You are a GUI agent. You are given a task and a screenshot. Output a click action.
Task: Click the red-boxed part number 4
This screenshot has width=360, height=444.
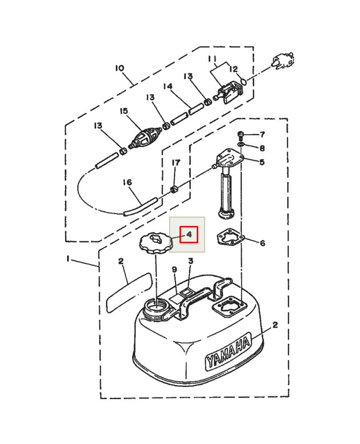(189, 234)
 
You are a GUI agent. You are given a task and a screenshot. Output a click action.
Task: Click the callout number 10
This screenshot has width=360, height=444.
(120, 68)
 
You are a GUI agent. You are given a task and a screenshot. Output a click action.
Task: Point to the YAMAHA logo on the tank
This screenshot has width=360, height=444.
(228, 351)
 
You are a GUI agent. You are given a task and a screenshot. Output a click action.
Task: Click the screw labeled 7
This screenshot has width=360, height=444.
(241, 135)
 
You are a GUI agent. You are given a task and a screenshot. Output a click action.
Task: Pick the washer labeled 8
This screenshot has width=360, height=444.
(241, 145)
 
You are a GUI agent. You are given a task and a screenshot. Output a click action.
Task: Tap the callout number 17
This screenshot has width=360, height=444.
(176, 162)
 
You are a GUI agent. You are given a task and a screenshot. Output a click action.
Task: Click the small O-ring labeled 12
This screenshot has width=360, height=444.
(243, 81)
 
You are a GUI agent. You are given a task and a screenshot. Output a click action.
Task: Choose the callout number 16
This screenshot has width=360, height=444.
(127, 182)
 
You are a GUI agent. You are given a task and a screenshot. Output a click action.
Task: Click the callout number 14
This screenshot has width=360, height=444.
(168, 86)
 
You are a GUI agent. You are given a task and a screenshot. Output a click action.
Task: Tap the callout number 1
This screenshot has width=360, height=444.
(68, 259)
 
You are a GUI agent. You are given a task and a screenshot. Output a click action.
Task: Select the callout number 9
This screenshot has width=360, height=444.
(175, 269)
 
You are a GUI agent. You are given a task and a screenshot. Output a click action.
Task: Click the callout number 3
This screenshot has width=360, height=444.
(191, 261)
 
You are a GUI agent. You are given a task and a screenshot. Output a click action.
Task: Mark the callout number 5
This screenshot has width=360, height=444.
(262, 162)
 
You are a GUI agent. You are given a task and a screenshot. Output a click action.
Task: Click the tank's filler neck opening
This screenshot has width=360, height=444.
(156, 306)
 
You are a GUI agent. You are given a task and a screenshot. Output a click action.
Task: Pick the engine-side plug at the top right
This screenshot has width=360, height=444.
(283, 61)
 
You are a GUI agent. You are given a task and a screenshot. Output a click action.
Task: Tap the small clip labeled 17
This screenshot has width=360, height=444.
(174, 189)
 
